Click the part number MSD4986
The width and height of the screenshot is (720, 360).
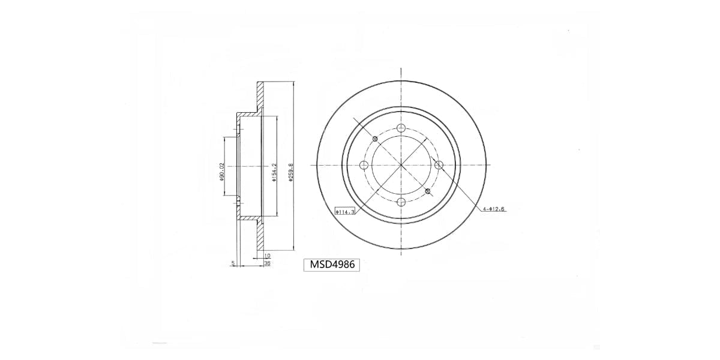(333, 264)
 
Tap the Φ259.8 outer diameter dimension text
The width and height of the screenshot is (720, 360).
(291, 173)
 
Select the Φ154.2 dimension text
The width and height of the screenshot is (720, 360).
(274, 173)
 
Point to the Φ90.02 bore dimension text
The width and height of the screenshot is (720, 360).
(221, 172)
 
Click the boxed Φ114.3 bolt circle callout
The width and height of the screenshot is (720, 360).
(345, 211)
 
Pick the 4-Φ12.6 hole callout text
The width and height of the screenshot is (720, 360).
(494, 209)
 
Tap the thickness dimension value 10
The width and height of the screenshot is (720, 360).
(267, 256)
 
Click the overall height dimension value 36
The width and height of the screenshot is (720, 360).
(267, 263)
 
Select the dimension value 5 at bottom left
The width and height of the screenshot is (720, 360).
(232, 262)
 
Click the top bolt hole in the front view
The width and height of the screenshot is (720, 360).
(401, 128)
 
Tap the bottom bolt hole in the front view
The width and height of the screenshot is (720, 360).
(401, 202)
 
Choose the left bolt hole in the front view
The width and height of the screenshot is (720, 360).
(364, 165)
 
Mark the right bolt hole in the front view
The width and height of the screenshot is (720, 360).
(438, 165)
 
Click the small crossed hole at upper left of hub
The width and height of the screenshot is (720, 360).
(375, 139)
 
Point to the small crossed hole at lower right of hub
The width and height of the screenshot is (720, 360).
(427, 191)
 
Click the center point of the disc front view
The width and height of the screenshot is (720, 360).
(401, 165)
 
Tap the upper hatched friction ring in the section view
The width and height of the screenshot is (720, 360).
(260, 96)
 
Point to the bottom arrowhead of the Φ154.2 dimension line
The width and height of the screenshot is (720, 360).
(277, 214)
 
